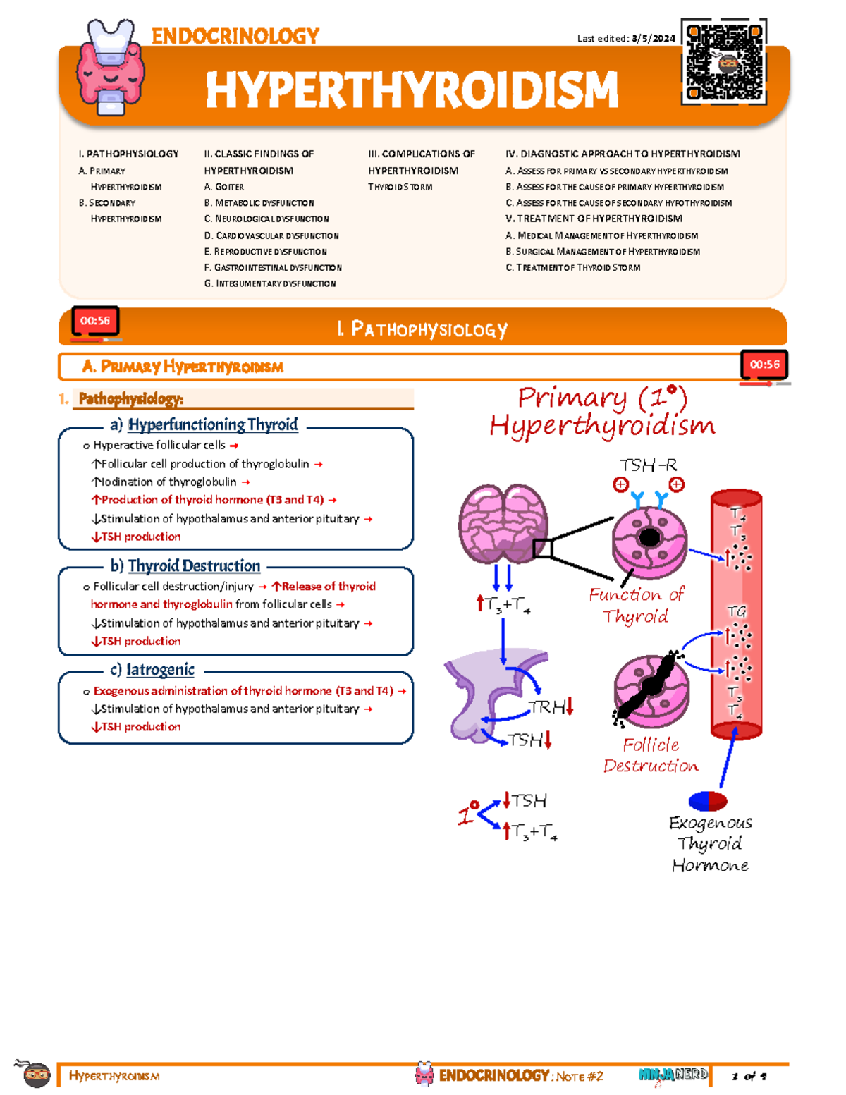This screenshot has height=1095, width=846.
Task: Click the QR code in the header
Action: (724, 62)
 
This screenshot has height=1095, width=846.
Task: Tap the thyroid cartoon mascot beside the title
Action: (111, 67)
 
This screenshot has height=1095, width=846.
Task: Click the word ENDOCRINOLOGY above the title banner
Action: (235, 36)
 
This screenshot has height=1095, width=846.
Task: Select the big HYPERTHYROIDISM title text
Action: (412, 90)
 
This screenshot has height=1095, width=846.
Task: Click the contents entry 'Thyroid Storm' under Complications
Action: (400, 187)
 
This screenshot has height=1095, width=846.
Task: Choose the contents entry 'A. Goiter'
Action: (223, 187)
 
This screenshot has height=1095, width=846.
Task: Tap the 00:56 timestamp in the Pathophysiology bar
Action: (95, 321)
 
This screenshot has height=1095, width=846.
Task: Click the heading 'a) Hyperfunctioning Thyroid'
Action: (204, 424)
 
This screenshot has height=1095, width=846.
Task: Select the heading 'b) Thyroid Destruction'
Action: (185, 565)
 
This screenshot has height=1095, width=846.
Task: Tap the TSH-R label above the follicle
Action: (648, 465)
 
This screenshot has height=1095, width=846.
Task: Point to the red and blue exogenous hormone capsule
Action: (708, 801)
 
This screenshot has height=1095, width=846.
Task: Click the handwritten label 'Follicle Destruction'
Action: (650, 755)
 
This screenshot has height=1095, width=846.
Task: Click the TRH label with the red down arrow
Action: (551, 707)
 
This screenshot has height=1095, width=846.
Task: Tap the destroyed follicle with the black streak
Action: (651, 690)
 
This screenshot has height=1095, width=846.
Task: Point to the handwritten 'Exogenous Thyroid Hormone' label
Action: (710, 844)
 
